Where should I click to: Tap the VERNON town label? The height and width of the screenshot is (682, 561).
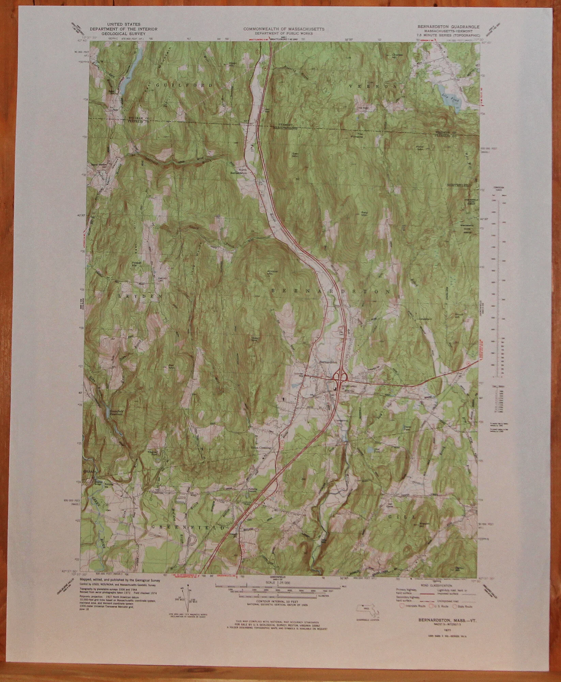pos(373,87)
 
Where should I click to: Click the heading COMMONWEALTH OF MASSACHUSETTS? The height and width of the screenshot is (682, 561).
pos(284,29)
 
